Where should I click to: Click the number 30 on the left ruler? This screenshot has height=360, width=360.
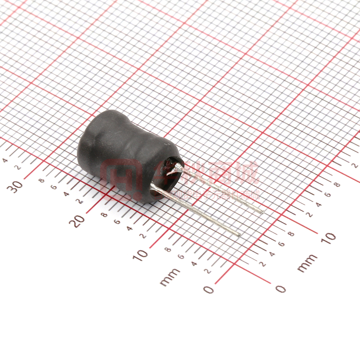pos(16,186)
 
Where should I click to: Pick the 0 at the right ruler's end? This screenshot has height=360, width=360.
pos(281,288)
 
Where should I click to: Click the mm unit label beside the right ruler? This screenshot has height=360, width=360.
pos(307,263)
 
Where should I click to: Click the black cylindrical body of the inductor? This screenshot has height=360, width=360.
pos(120,152)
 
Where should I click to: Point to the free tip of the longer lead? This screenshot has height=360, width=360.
pos(240,235)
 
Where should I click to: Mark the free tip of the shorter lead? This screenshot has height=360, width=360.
pos(262,212)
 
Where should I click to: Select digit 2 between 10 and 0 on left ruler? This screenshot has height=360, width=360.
pos(207,271)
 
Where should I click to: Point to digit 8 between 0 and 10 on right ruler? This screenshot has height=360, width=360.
pos(291,234)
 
